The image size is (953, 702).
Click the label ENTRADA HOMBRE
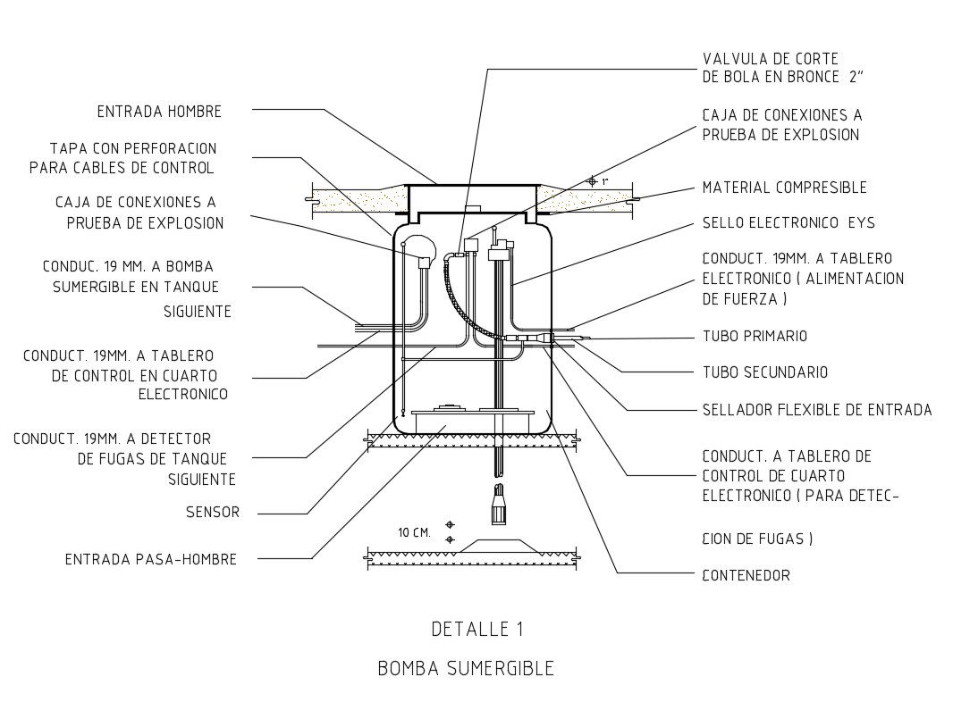coord(159,112)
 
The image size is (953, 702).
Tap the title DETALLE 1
coord(476,629)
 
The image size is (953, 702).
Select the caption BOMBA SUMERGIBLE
coord(466,668)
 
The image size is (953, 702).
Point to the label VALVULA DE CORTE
coord(770,59)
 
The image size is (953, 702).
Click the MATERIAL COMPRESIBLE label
coord(784,188)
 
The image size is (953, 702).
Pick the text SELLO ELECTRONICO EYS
coord(789,223)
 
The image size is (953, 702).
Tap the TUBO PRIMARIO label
coord(755,337)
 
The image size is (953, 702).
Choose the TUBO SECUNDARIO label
coord(764,372)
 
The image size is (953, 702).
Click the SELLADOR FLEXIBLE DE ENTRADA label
coord(816,410)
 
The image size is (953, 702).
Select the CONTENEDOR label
coord(746,576)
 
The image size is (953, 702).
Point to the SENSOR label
coord(213,513)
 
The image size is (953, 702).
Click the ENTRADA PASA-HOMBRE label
coord(151,560)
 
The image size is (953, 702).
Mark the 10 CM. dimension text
coord(414,532)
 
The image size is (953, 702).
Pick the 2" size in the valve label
coord(856,78)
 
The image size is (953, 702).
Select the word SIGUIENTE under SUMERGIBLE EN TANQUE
coord(198,312)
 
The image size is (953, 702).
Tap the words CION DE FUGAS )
coord(757,539)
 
